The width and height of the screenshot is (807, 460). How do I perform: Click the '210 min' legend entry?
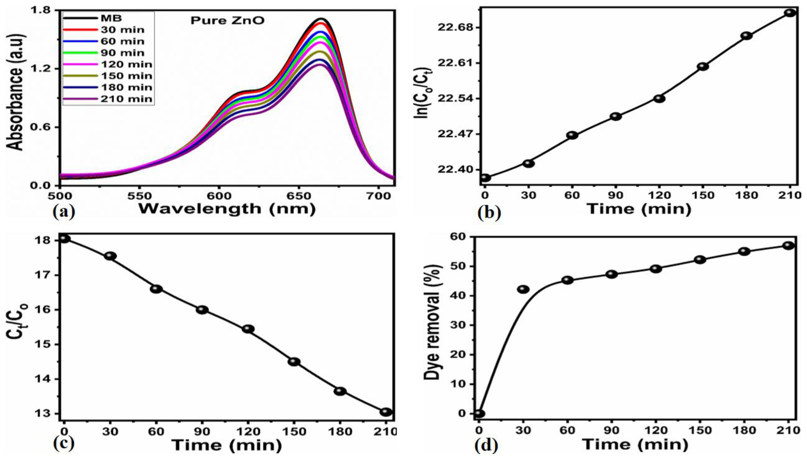[126, 99]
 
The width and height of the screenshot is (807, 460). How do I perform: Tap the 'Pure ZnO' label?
[227, 21]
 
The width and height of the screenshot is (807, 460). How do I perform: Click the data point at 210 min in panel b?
[790, 13]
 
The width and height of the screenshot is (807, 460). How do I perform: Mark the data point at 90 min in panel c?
[202, 310]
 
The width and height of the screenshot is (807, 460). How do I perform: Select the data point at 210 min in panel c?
[386, 412]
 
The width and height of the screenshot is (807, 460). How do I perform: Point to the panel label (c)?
[63, 444]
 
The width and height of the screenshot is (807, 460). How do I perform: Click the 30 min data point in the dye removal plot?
[523, 289]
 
